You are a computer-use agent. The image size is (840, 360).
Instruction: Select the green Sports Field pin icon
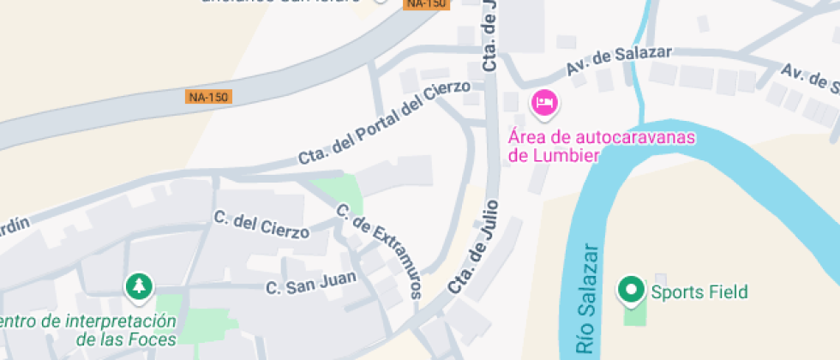point(632,290)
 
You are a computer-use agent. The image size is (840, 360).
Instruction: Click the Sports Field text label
point(699,291)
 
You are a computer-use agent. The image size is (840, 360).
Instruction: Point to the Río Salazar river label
point(588,299)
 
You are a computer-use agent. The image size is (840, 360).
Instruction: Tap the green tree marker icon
point(138,286)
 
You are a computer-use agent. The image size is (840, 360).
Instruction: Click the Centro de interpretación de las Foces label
point(90,329)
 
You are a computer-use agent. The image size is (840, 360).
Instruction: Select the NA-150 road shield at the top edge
point(426,3)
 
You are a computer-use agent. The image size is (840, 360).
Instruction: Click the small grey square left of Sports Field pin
point(660,279)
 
